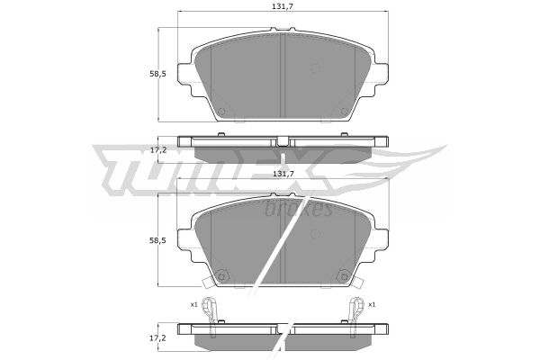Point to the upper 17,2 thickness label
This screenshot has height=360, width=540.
click(x=158, y=150)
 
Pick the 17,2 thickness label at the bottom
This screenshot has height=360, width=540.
click(x=158, y=338)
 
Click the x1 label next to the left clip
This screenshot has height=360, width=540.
click(x=193, y=304)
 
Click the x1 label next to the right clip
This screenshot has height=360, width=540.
click(x=372, y=304)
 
